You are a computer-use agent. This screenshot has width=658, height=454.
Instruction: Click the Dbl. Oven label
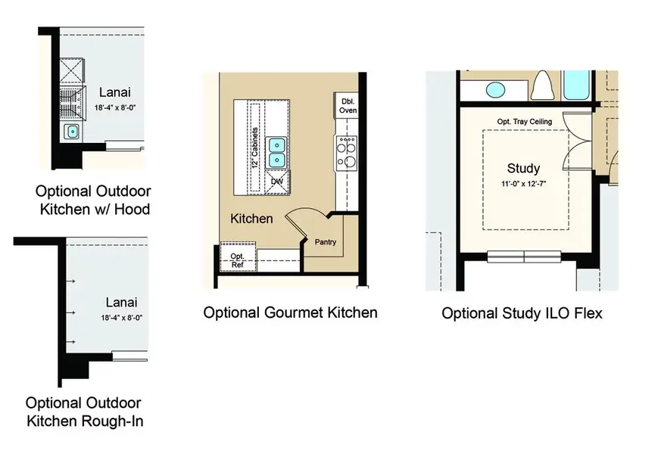(348, 105)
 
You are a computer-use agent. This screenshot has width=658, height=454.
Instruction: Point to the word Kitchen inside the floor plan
(251, 219)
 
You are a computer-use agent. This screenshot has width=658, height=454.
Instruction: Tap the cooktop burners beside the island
(346, 153)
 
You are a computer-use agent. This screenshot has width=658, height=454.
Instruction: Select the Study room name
(523, 168)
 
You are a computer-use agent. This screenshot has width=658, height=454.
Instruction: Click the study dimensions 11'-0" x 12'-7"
(523, 184)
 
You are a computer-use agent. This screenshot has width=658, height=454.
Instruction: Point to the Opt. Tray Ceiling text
(524, 122)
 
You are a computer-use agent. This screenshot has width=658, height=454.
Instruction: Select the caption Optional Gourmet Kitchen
(290, 312)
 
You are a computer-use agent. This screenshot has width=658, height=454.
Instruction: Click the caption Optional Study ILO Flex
(522, 313)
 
